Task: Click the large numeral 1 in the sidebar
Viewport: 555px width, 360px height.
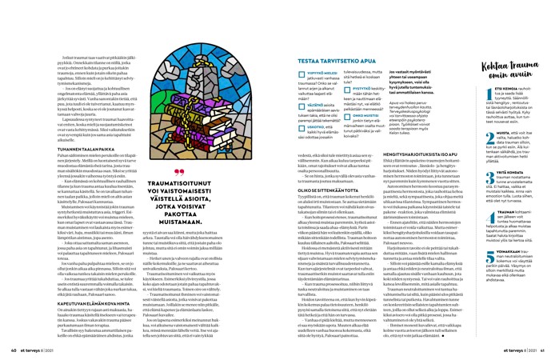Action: coord(468,90)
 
